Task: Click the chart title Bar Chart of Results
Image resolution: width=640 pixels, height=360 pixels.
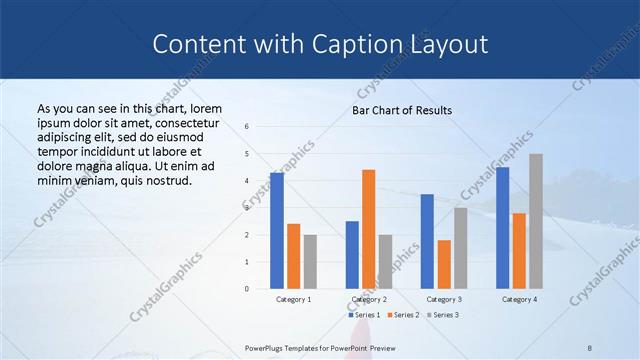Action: pos(401,110)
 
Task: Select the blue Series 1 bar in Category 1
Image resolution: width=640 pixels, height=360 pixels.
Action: pos(277,231)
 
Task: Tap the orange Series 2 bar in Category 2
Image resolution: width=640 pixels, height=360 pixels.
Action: pos(368,229)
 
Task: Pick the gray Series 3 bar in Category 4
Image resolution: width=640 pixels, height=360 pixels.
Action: pos(536,221)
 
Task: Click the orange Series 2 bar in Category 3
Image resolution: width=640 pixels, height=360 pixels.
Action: pos(444,264)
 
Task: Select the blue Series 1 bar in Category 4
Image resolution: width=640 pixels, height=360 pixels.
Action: pos(502,228)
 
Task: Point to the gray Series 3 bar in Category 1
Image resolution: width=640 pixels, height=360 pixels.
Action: pos(310,261)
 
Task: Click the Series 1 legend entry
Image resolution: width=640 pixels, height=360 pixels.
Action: pos(366,315)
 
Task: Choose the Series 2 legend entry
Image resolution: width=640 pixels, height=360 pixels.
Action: pos(404,315)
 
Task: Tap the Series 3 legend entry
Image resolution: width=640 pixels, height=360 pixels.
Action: pos(442,315)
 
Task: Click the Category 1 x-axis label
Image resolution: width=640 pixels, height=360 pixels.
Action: pos(293,299)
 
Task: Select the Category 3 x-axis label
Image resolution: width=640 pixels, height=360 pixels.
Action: pos(444,299)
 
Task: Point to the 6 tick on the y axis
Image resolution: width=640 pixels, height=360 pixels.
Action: pos(247,127)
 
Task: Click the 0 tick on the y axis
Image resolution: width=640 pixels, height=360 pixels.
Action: pos(247,289)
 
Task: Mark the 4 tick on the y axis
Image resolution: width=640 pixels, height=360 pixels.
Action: pos(247,181)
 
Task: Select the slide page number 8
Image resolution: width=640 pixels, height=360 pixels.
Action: pos(590,347)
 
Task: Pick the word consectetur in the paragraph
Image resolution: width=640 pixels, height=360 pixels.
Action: pos(186,121)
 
